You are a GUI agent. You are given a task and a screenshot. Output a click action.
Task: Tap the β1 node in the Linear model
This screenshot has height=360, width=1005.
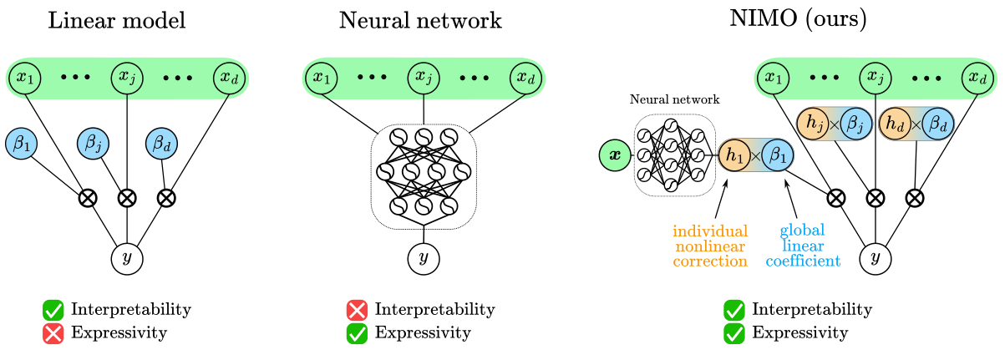tap(22, 142)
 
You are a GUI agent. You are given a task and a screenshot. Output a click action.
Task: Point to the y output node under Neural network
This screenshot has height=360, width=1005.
tap(424, 259)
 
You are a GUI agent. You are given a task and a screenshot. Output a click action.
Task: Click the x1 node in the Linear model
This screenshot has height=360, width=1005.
tap(25, 78)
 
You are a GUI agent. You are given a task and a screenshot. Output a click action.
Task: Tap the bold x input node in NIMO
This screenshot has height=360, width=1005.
tap(616, 155)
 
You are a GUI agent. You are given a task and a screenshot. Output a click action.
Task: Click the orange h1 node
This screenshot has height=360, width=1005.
tap(734, 155)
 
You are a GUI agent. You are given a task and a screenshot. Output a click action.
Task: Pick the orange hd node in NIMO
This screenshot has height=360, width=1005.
tap(895, 124)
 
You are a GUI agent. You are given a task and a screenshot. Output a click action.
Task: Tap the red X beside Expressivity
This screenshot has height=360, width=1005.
tap(54, 333)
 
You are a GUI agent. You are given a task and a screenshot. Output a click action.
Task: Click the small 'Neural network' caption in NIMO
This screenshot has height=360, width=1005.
tap(674, 99)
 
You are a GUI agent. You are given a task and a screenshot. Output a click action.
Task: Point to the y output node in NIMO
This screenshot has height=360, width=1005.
tap(875, 259)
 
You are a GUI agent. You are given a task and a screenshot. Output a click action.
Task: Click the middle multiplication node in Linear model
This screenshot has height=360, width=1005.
tap(127, 198)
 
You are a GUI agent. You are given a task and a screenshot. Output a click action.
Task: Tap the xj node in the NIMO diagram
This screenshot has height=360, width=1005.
tap(875, 78)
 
